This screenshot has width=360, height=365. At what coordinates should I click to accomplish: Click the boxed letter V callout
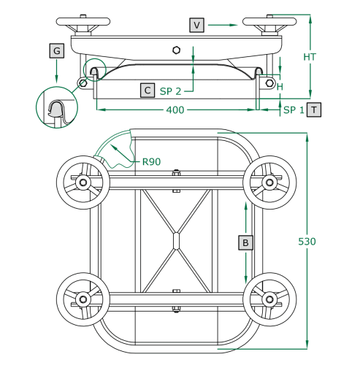(196, 25)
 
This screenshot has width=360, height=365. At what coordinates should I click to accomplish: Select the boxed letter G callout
(57, 50)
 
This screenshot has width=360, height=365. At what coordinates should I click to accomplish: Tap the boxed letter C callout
(148, 91)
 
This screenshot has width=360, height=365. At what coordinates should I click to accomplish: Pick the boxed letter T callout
(314, 109)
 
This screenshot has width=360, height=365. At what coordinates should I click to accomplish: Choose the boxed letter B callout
(245, 242)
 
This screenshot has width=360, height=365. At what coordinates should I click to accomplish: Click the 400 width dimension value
(175, 110)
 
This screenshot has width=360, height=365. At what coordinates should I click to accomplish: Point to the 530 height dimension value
(307, 242)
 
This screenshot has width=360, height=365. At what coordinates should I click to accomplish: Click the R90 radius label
(151, 161)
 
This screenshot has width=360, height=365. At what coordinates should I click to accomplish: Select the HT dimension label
(310, 57)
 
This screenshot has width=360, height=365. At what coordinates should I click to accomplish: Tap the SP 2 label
(170, 91)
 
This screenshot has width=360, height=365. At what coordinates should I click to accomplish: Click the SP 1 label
(294, 110)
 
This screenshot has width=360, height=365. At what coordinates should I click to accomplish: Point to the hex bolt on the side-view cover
(176, 50)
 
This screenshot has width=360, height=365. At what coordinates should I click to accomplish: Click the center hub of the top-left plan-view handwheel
(83, 182)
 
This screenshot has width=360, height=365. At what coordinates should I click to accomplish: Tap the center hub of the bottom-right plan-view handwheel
(269, 299)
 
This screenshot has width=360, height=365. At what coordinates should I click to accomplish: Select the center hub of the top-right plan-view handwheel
(269, 182)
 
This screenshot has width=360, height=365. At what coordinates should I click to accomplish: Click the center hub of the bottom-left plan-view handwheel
(83, 299)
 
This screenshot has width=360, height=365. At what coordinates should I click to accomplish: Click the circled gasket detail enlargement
(57, 107)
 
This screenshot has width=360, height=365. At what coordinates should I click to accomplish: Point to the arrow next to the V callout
(223, 25)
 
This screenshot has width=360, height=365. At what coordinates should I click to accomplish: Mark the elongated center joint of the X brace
(176, 241)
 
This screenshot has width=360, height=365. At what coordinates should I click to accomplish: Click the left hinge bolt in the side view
(83, 83)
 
